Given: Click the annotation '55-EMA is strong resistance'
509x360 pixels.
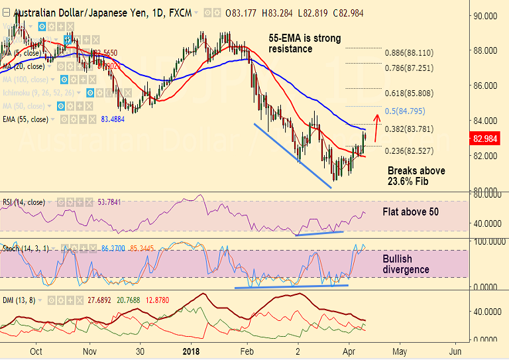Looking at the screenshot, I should point(305,43).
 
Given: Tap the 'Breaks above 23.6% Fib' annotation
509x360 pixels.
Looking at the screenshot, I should point(416,176).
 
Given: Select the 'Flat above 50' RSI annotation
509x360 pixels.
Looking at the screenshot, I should point(412,213).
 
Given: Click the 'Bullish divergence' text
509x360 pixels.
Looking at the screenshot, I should point(406,264).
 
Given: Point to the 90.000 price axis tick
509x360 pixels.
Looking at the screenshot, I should point(486,16).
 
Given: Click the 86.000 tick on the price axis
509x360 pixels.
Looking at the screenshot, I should point(486,86).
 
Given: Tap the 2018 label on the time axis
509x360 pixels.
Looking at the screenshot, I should point(190,351).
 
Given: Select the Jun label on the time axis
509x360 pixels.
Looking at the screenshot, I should point(455,351).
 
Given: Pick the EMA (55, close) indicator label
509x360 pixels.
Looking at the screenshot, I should point(26,119).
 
